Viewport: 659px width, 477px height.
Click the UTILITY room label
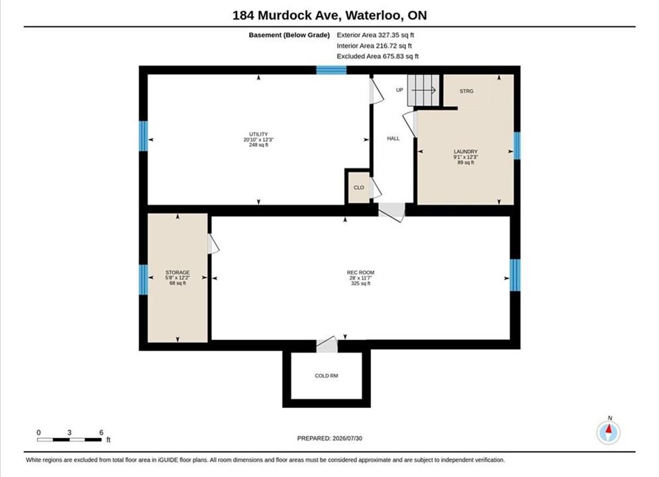(x=258, y=134)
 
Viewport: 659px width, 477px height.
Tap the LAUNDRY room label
(x=466, y=151)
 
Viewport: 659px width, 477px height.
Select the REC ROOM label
(x=360, y=272)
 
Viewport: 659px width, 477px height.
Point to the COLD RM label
(x=327, y=376)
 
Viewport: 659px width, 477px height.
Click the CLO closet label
(x=359, y=187)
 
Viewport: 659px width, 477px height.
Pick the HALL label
(x=393, y=138)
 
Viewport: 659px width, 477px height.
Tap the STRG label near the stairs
(x=466, y=91)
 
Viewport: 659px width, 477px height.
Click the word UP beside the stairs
(x=399, y=90)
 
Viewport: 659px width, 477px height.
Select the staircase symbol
(x=423, y=90)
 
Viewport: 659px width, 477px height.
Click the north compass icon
(x=609, y=431)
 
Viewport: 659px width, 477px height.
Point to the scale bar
(x=70, y=440)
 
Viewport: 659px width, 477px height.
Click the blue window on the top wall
(x=331, y=70)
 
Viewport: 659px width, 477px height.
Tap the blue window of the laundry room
(x=517, y=146)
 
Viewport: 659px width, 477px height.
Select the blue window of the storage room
(x=143, y=280)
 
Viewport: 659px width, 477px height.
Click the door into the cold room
(x=327, y=344)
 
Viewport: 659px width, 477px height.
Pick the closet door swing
(x=376, y=188)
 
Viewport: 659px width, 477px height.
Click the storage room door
(x=213, y=244)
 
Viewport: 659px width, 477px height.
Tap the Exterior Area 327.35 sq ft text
(x=376, y=35)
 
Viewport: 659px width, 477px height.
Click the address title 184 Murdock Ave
(x=287, y=15)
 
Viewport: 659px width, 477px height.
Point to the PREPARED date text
(x=330, y=439)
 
